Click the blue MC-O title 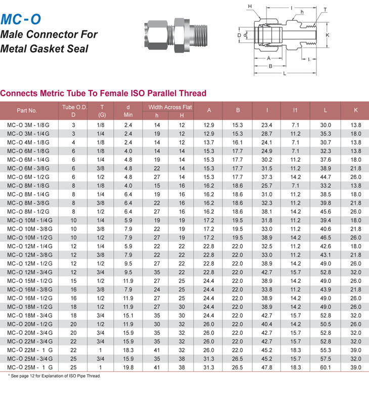click(x=21, y=19)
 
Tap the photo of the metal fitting click(x=176, y=35)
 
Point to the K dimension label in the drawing click(x=328, y=35)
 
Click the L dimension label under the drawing click(x=285, y=73)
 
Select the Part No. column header click(x=27, y=111)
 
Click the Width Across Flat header click(x=170, y=107)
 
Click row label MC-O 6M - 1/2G click(x=28, y=177)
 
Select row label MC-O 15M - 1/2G click(x=30, y=281)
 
